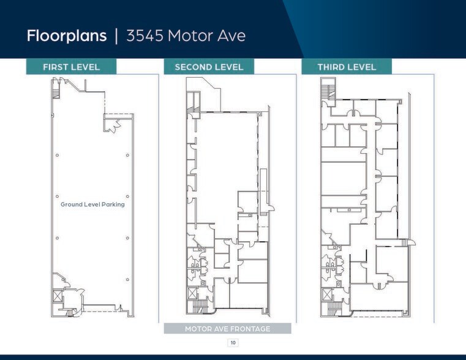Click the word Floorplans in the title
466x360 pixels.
coord(67,36)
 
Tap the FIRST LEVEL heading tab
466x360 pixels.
coord(71,67)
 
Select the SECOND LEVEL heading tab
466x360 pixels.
coord(209,67)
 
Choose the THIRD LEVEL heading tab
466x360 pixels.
coord(347,67)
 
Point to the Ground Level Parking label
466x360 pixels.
coord(92,204)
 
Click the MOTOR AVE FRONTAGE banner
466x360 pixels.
coord(227,329)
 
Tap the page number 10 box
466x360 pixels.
coord(233,343)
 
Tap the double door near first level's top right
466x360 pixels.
coord(110,126)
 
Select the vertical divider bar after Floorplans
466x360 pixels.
coord(116,36)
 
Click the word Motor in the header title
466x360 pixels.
coord(193,36)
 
